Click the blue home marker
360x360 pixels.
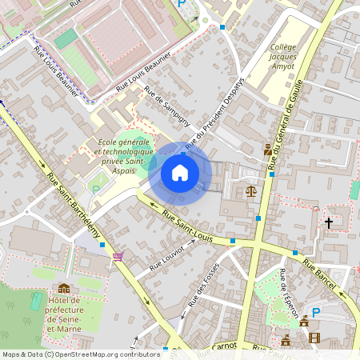click(180, 173)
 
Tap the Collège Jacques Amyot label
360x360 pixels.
click(283, 57)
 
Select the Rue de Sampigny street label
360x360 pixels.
click(166, 110)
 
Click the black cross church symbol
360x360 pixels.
click(328, 222)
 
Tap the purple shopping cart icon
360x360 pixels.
click(118, 256)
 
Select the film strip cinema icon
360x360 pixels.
click(314, 338)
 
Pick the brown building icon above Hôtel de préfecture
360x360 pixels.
click(64, 288)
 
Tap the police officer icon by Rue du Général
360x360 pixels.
click(267, 150)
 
